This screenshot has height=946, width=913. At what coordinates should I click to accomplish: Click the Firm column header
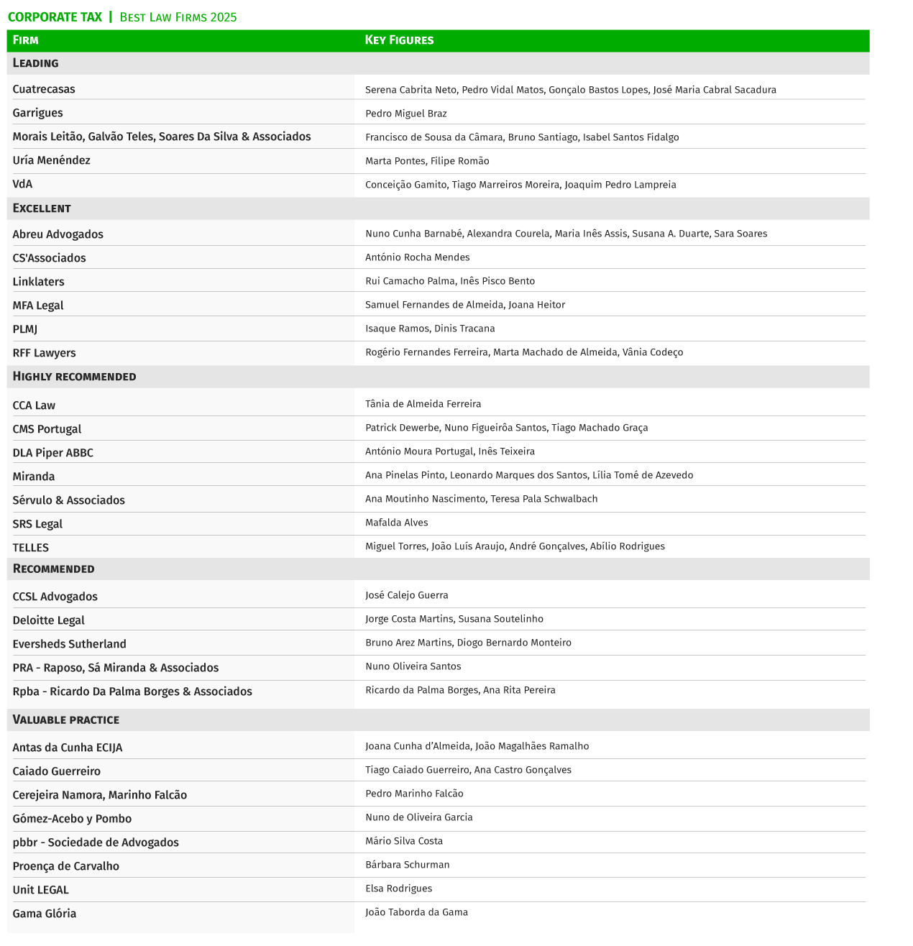[26, 40]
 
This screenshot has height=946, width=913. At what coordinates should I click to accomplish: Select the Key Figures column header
[399, 40]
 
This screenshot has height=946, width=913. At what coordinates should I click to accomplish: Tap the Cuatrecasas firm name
[44, 89]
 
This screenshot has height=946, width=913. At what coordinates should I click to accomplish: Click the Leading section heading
[36, 63]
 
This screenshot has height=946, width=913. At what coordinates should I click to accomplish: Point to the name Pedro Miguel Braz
[405, 114]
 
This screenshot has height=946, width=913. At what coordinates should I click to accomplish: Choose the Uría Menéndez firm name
[51, 160]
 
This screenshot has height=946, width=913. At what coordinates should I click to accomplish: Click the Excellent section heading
[42, 208]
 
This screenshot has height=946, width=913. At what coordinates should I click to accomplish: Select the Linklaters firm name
[38, 282]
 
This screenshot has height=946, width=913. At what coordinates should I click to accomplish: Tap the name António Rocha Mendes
[417, 257]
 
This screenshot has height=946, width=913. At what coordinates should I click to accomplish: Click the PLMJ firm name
[25, 329]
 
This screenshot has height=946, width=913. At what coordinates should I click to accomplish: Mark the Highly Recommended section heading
[74, 377]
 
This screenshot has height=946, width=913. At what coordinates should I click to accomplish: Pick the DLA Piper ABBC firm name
[52, 453]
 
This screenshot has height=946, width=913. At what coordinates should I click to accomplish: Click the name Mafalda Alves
[396, 523]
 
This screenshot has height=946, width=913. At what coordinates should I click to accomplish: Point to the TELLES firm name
[31, 548]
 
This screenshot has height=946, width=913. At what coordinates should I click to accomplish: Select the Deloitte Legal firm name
[48, 620]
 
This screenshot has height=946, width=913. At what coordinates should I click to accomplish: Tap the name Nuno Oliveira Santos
[413, 666]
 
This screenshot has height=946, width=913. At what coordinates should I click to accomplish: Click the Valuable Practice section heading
[66, 720]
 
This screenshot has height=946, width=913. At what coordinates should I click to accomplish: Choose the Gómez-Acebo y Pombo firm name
[72, 819]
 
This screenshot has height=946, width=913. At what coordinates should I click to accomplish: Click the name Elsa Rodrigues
[398, 888]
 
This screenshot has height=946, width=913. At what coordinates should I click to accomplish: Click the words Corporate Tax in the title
[55, 17]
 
